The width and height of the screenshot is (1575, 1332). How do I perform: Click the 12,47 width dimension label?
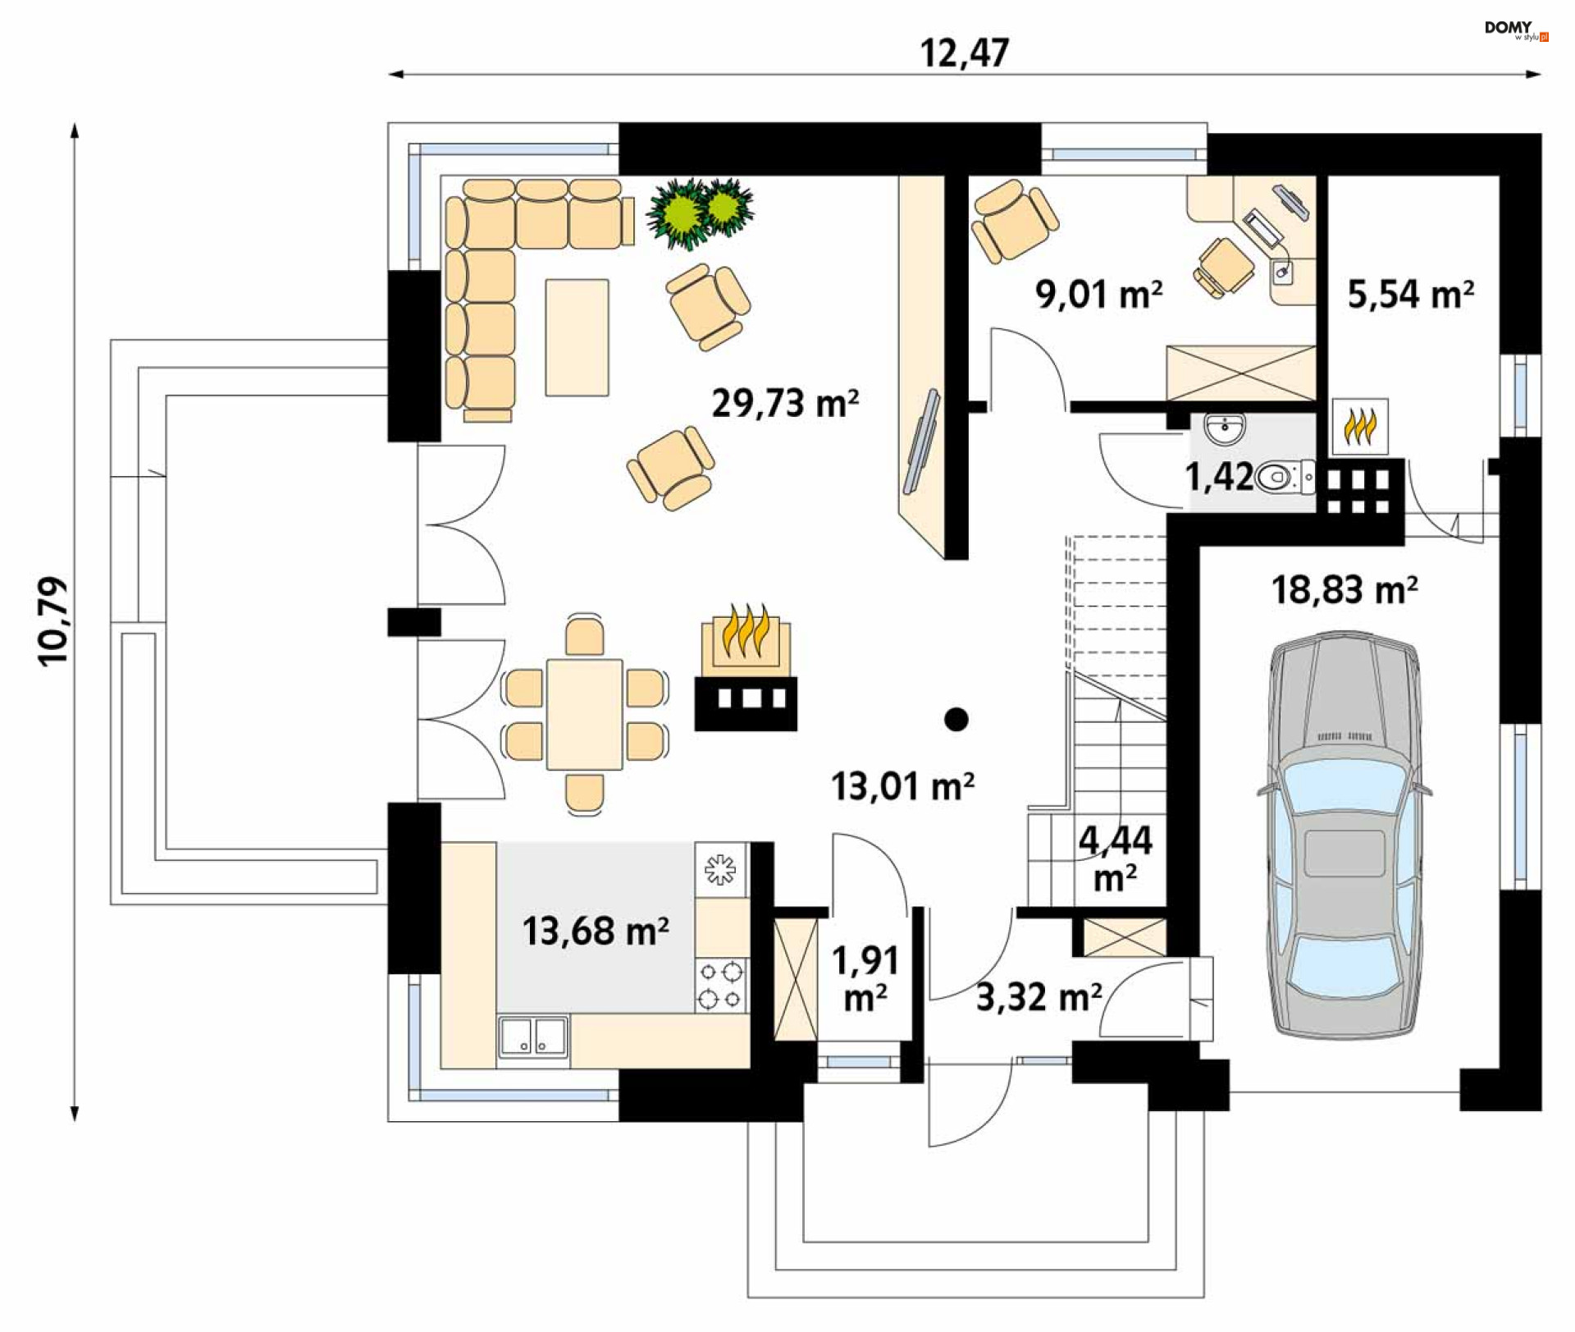point(964,53)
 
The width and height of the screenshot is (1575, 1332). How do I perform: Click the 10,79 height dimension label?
point(54,620)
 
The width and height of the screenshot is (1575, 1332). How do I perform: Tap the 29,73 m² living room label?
point(785,403)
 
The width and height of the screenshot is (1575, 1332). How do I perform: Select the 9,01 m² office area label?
point(1098,294)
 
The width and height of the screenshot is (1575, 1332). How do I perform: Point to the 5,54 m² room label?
point(1410,294)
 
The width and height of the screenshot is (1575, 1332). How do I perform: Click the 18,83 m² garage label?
point(1344,589)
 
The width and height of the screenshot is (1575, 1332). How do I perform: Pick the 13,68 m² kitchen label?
point(596,931)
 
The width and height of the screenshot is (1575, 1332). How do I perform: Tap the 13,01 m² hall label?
point(902,785)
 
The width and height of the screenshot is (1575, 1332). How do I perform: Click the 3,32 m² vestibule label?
point(1039,997)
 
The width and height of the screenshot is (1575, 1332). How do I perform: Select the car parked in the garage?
point(1345,835)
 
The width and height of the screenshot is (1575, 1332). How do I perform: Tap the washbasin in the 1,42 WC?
point(1225,427)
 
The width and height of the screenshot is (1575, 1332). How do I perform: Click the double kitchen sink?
point(533,1036)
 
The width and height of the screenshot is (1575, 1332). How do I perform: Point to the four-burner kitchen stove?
point(721,986)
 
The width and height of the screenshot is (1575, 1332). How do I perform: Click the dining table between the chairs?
point(584,713)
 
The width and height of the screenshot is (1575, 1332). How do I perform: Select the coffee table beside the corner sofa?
point(577,336)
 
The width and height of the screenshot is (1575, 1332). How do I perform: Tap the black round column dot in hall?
point(956,719)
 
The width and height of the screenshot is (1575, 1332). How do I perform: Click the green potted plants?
point(700,213)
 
